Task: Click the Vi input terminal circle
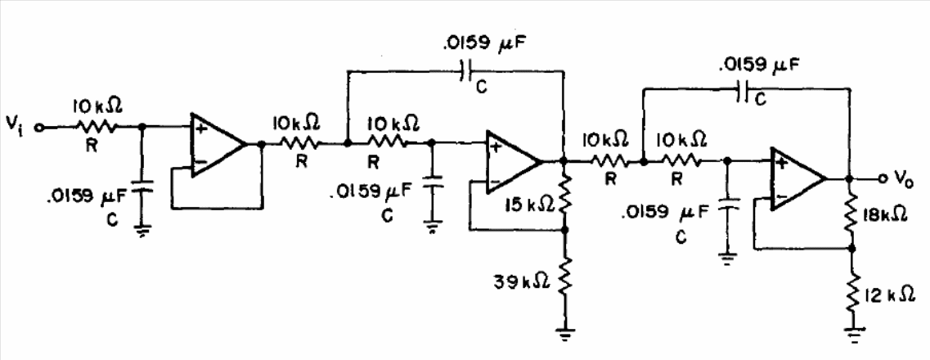tap(39, 126)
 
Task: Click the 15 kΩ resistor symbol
tap(564, 200)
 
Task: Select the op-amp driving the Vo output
tap(798, 178)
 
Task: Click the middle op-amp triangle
tap(514, 161)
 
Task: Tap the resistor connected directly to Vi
tap(96, 126)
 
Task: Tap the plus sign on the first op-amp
tap(200, 128)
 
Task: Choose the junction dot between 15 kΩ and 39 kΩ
tap(564, 229)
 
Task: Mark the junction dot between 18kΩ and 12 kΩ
tap(851, 249)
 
